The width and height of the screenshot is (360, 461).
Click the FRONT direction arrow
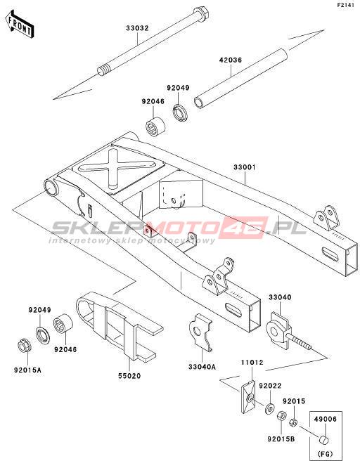point(20,24)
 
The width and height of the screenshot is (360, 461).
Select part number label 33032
point(137,28)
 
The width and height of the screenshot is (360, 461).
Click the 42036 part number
point(231,60)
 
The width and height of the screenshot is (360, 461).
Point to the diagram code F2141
point(346,6)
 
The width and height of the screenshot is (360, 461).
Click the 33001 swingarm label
point(245,167)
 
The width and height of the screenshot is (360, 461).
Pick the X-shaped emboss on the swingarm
point(117,168)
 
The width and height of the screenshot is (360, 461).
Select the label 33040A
point(202,367)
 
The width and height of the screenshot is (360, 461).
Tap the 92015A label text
point(27,370)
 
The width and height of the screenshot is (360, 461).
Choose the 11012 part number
point(252,362)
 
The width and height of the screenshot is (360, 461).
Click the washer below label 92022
point(269,408)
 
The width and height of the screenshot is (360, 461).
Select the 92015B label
point(281,439)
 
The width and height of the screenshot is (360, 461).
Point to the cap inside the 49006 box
point(324,439)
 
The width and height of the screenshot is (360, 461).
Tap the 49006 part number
point(325,419)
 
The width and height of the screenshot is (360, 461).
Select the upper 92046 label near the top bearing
point(153,102)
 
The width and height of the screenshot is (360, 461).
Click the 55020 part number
point(129,375)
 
